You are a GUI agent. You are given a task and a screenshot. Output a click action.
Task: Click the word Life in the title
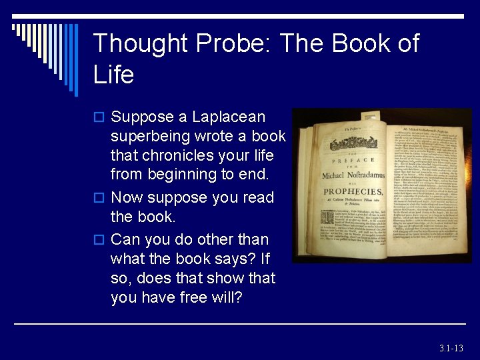114,75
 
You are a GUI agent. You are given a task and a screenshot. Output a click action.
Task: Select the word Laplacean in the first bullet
228,117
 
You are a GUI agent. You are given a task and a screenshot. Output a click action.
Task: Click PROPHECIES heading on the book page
353,192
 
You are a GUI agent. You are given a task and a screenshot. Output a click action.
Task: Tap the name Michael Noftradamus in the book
353,175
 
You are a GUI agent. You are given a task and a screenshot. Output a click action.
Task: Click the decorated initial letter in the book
327,217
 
